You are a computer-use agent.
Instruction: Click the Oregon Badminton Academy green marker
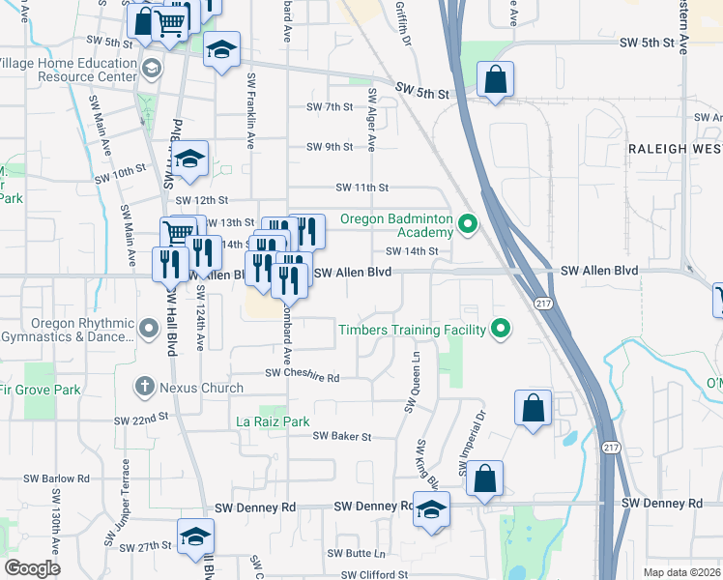[x=469, y=226]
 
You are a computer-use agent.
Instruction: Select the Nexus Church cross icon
[x=145, y=388]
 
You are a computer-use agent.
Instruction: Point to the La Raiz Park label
[x=274, y=421]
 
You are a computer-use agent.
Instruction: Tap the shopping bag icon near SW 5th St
[x=495, y=82]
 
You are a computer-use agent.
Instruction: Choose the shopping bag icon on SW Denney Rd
[x=484, y=478]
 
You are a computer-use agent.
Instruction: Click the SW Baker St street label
[x=342, y=437]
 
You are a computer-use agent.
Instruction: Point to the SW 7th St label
[x=330, y=106]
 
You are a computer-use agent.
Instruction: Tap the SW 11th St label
[x=361, y=188]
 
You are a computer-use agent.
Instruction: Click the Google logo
[x=32, y=567]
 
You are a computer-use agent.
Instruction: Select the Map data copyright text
[x=681, y=572]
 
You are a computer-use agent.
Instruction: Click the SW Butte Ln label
[x=355, y=554]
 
